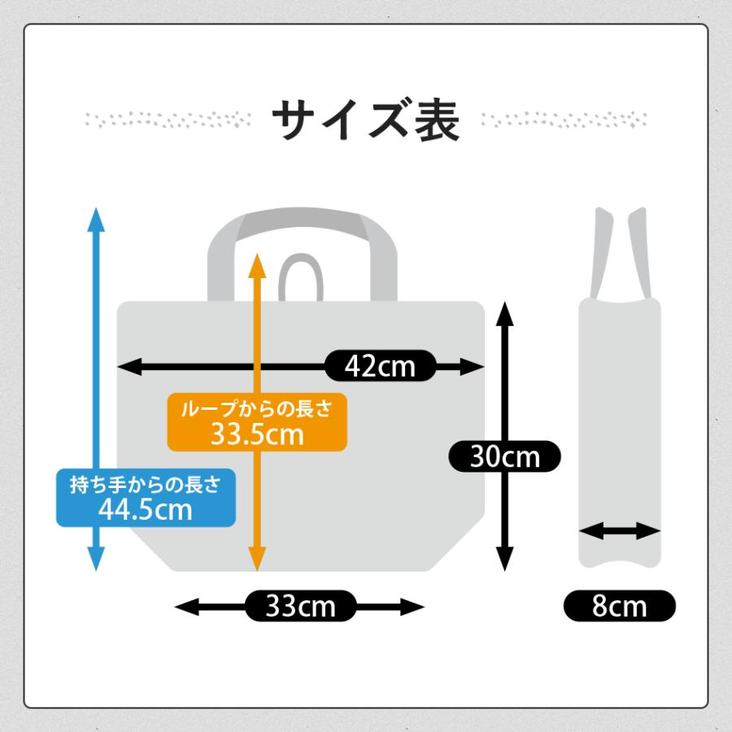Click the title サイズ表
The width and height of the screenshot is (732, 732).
click(x=366, y=120)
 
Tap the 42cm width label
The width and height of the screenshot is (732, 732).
click(x=380, y=366)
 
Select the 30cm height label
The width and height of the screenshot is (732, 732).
click(x=504, y=456)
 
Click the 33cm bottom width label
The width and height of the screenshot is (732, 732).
click(x=300, y=606)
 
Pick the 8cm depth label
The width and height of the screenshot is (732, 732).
click(x=620, y=606)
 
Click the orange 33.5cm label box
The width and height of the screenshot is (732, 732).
click(x=257, y=422)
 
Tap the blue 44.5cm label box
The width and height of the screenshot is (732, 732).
click(x=146, y=498)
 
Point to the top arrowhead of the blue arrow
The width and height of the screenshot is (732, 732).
click(x=96, y=220)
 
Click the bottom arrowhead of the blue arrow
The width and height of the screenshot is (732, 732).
click(x=96, y=559)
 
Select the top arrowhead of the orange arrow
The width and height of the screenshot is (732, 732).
click(x=257, y=266)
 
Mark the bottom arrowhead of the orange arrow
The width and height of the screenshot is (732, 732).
click(x=257, y=559)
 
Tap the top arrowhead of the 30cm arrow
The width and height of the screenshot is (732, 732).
click(x=504, y=314)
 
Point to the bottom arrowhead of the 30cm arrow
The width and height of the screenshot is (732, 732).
click(x=504, y=559)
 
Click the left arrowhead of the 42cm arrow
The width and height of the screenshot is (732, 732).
click(x=129, y=367)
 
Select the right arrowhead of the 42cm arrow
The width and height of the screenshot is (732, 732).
click(x=473, y=367)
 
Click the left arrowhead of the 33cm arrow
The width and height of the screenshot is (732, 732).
click(x=186, y=607)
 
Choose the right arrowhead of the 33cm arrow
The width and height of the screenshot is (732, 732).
click(x=412, y=607)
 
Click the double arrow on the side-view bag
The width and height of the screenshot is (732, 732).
click(x=620, y=531)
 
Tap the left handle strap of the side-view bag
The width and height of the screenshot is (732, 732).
click(x=601, y=252)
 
